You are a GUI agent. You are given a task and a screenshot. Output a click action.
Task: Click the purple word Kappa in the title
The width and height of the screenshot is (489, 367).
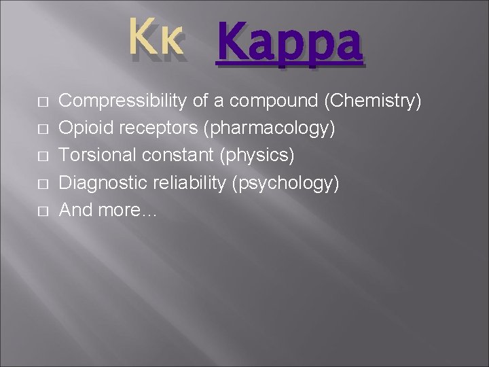pyautogui.click(x=290, y=43)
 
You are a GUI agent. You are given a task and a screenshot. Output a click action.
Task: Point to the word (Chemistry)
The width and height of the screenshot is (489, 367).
pyautogui.click(x=373, y=101)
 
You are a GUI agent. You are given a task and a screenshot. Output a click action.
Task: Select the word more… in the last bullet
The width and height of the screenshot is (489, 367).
pyautogui.click(x=128, y=210)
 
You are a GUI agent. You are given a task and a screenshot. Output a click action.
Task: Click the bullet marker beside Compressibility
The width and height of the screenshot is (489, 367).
pyautogui.click(x=42, y=103)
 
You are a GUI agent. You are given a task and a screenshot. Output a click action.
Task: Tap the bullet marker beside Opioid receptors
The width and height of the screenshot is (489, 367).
pyautogui.click(x=42, y=130)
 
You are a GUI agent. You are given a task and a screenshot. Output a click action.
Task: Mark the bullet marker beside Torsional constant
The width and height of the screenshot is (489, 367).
pyautogui.click(x=42, y=157)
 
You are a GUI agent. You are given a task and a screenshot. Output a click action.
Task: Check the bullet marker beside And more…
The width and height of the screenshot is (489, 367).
pyautogui.click(x=42, y=211)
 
